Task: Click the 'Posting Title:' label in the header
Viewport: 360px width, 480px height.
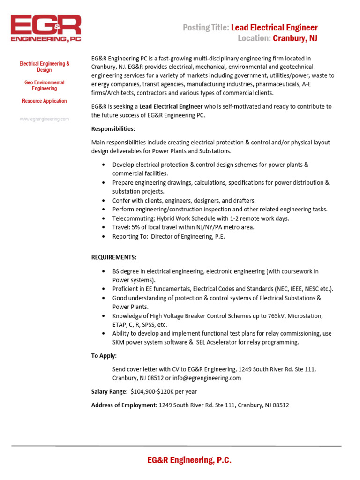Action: [x=206, y=28]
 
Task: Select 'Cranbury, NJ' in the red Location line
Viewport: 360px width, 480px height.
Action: [x=295, y=38]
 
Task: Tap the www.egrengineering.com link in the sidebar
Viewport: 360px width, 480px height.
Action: [x=44, y=119]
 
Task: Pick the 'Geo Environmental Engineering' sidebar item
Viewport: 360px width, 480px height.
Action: [x=44, y=85]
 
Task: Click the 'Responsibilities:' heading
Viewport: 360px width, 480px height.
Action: [x=113, y=129]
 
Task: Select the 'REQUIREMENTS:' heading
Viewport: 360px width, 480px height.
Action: [x=114, y=257]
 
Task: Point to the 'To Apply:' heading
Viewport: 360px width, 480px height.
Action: [x=104, y=356]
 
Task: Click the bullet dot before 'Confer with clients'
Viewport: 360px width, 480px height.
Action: [x=103, y=201]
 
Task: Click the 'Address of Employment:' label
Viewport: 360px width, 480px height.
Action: [x=124, y=405]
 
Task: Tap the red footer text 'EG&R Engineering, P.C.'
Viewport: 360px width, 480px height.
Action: [x=189, y=460]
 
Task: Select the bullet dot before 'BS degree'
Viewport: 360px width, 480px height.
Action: [x=103, y=271]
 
